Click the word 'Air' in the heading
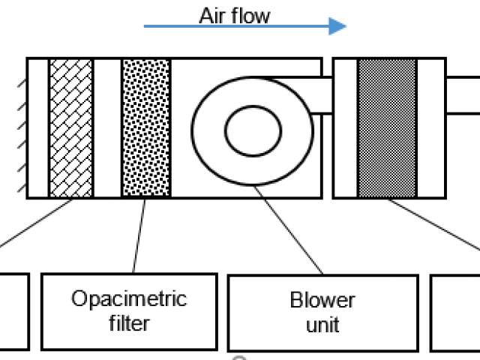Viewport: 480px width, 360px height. (212, 16)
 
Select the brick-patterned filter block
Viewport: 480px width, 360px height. (71, 127)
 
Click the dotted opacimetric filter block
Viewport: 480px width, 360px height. (145, 127)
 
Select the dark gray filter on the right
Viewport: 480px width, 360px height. (387, 127)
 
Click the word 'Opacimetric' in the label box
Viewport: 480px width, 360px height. (128, 299)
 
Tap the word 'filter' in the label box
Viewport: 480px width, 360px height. (128, 323)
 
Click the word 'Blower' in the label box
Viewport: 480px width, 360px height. (322, 301)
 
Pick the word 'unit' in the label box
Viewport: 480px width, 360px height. (322, 325)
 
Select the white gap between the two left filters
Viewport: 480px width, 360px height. (107, 127)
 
